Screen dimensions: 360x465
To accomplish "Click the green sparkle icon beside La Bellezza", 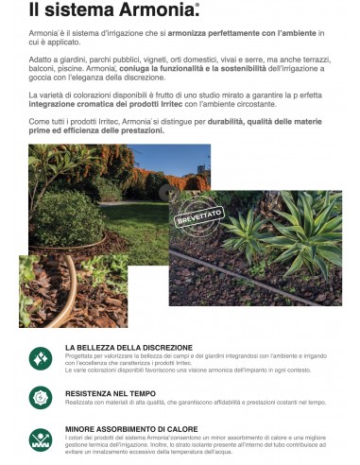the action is [x=40, y=358].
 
